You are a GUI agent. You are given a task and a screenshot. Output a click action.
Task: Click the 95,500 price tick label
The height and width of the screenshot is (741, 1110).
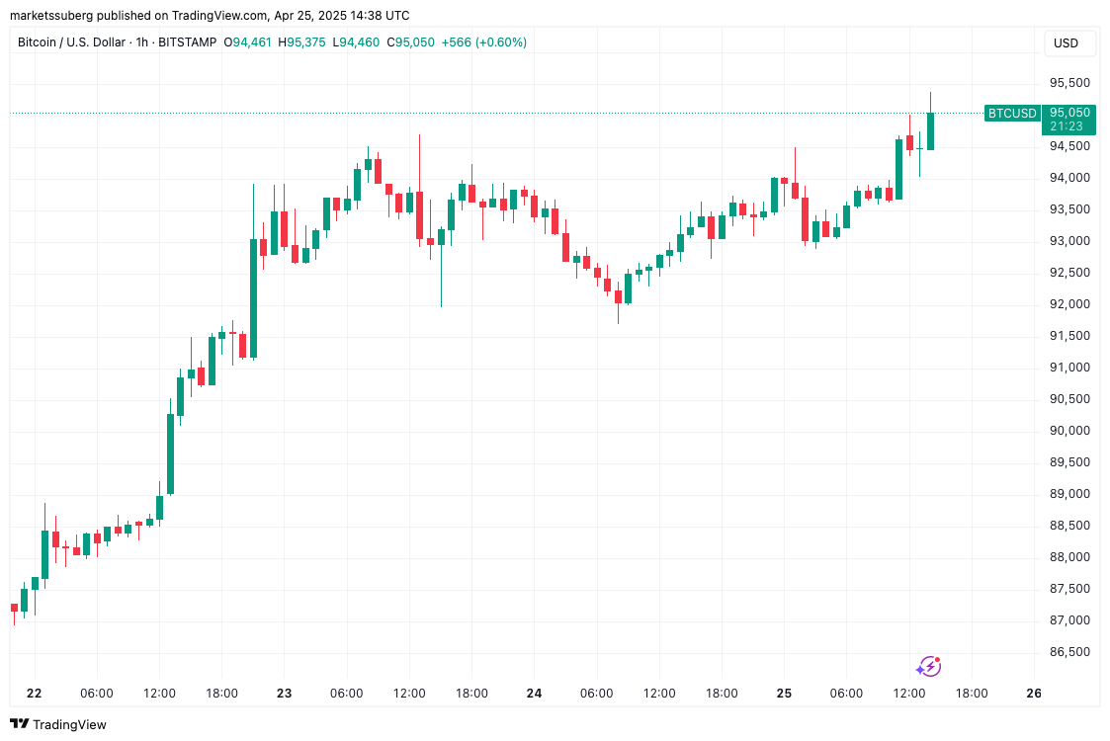[1069, 83]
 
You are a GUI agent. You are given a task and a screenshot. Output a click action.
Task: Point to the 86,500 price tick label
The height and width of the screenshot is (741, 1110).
[1069, 652]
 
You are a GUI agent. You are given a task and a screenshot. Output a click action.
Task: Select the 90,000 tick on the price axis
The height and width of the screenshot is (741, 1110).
[1069, 431]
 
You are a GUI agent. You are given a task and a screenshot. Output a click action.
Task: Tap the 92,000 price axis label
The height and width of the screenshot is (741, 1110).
[1069, 304]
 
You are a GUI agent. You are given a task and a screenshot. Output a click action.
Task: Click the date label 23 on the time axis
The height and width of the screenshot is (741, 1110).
[285, 694]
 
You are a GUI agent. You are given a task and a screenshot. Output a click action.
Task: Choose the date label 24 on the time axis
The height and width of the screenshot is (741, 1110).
[535, 694]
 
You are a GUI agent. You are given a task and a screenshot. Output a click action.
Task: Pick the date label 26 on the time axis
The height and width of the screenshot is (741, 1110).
[1034, 694]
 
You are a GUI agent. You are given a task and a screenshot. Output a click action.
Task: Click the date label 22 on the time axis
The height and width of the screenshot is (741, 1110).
[35, 694]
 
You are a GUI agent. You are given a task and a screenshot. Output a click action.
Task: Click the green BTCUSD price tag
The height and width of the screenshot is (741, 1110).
[1012, 114]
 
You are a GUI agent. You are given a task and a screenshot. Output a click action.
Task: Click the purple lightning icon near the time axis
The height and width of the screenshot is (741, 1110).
[928, 667]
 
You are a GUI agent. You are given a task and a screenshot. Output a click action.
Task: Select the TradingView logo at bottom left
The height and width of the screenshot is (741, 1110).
[58, 724]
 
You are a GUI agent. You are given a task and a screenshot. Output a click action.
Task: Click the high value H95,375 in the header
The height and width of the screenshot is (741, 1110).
[301, 42]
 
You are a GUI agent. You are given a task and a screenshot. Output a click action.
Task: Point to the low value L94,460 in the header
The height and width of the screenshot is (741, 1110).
[356, 42]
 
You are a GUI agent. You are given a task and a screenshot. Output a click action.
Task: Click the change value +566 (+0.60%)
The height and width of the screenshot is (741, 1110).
[483, 42]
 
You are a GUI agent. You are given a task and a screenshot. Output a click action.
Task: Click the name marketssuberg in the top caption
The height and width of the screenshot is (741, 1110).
[49, 16]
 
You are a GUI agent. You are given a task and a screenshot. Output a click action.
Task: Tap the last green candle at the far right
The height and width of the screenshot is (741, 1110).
[930, 130]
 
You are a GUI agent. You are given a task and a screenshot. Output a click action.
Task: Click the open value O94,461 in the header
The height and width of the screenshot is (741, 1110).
[248, 42]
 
